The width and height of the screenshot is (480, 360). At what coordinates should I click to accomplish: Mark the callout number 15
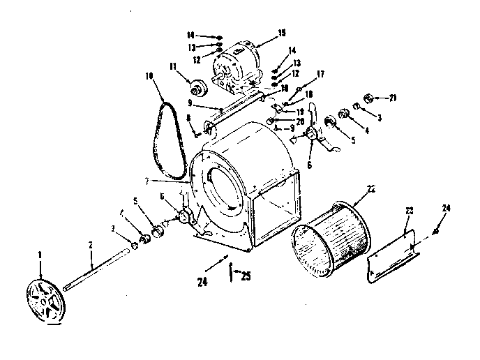click(x=262, y=33)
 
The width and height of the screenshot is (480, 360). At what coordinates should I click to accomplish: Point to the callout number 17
click(x=320, y=73)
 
